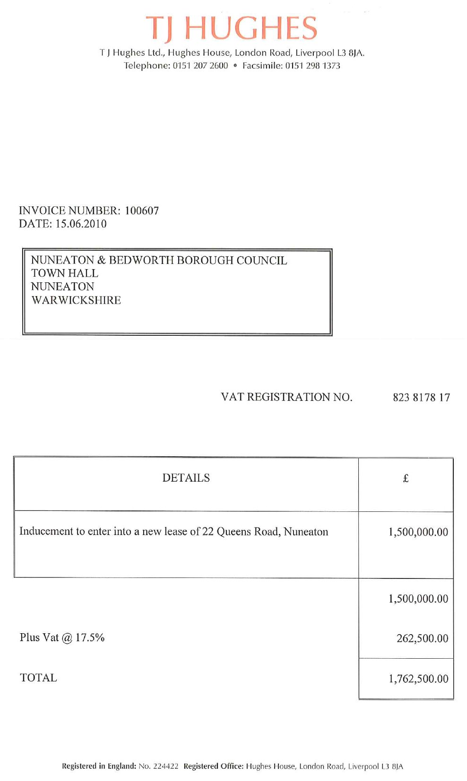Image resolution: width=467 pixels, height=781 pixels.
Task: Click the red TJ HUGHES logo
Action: [x=232, y=28]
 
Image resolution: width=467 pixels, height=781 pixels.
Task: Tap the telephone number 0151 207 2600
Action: [x=200, y=66]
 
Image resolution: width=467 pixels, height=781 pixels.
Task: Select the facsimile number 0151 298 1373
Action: [x=312, y=66]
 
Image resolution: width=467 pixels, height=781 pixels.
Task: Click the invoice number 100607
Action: [x=142, y=211]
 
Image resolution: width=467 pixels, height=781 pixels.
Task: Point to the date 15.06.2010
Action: [x=81, y=224]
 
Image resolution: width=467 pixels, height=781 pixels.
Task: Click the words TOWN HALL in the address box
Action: [x=65, y=273]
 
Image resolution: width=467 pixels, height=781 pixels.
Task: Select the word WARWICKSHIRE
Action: [x=76, y=300]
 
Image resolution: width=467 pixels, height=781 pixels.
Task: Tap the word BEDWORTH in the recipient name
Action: [x=137, y=261]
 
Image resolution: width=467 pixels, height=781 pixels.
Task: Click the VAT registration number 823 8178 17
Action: [x=421, y=398]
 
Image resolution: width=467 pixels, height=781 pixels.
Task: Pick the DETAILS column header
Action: [x=186, y=478]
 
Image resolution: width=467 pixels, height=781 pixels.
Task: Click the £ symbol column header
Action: [x=406, y=479]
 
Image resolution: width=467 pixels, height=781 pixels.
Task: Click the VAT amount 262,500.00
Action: [x=422, y=638]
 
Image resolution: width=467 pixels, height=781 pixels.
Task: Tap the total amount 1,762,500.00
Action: [x=418, y=679]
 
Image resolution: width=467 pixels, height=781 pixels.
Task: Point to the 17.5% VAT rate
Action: [x=90, y=637]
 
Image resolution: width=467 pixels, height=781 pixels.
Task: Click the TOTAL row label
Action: [x=38, y=678]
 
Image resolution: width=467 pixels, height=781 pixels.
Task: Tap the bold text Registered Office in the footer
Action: [x=213, y=766]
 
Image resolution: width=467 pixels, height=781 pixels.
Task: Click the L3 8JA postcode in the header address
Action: [x=350, y=53]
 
